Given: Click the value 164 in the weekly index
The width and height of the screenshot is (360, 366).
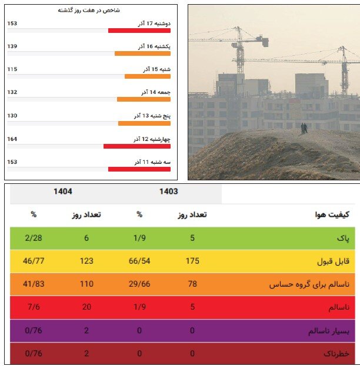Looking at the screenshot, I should tap(12, 139).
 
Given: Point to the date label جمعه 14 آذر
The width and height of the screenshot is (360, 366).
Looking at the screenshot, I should tap(156, 92).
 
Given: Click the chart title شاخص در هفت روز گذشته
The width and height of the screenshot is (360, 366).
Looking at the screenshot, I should tap(89, 11).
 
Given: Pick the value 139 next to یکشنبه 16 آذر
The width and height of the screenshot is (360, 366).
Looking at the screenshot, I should tap(12, 46).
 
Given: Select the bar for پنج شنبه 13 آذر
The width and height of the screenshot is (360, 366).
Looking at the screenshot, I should tap(144, 123).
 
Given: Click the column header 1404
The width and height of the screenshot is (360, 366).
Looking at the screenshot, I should tap(63, 192).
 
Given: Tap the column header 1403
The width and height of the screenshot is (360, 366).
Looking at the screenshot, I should tap(168, 192).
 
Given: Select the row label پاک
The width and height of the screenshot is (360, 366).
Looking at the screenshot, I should tap(343, 238).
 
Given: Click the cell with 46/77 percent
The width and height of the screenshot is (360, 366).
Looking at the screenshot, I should tap(34, 261).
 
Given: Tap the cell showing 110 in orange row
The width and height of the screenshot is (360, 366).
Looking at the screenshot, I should tap(86, 284).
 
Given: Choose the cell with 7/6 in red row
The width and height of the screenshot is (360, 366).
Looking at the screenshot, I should tap(34, 308).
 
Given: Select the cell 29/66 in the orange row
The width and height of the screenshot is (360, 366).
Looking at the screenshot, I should tap(140, 284).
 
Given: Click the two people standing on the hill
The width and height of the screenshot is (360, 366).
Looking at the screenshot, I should tap(304, 127).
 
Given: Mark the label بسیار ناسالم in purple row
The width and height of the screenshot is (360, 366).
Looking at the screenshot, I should tap(329, 331).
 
